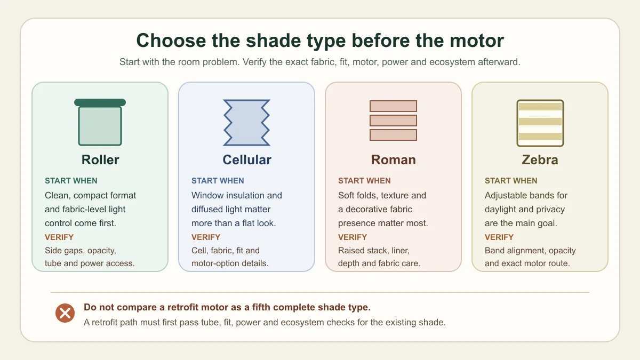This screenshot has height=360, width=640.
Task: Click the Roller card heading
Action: coord(100,159)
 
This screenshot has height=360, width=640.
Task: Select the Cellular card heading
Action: coord(247,159)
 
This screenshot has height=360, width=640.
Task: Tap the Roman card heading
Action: coord(394,159)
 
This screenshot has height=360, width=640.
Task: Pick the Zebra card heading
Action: coord(540,159)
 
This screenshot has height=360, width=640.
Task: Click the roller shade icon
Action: coord(100,122)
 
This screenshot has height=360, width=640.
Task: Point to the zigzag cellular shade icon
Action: coord(246,123)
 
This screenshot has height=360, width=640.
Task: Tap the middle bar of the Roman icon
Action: coord(393,121)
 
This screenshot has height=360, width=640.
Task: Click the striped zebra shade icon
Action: coord(540,123)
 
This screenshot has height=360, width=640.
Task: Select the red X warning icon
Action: coord(65,313)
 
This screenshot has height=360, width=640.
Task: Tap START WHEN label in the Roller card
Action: coord(71,181)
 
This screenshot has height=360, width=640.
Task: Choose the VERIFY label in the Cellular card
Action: coord(206,237)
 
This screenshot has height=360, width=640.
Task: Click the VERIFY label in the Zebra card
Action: coord(499,237)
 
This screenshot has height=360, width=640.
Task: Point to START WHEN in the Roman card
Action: coord(364,181)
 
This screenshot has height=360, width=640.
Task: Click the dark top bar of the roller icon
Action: coord(100,102)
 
